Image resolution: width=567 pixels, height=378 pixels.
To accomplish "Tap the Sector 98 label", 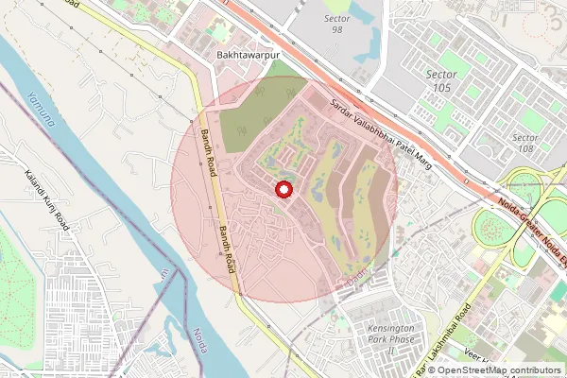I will pyautogui.click(x=337, y=23).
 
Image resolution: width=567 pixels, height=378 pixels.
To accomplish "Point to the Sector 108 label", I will pyautogui.click(x=525, y=143).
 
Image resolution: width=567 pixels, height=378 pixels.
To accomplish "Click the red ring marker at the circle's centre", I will pyautogui.click(x=282, y=191).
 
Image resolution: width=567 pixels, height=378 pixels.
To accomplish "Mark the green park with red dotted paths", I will pyautogui.click(x=19, y=283).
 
